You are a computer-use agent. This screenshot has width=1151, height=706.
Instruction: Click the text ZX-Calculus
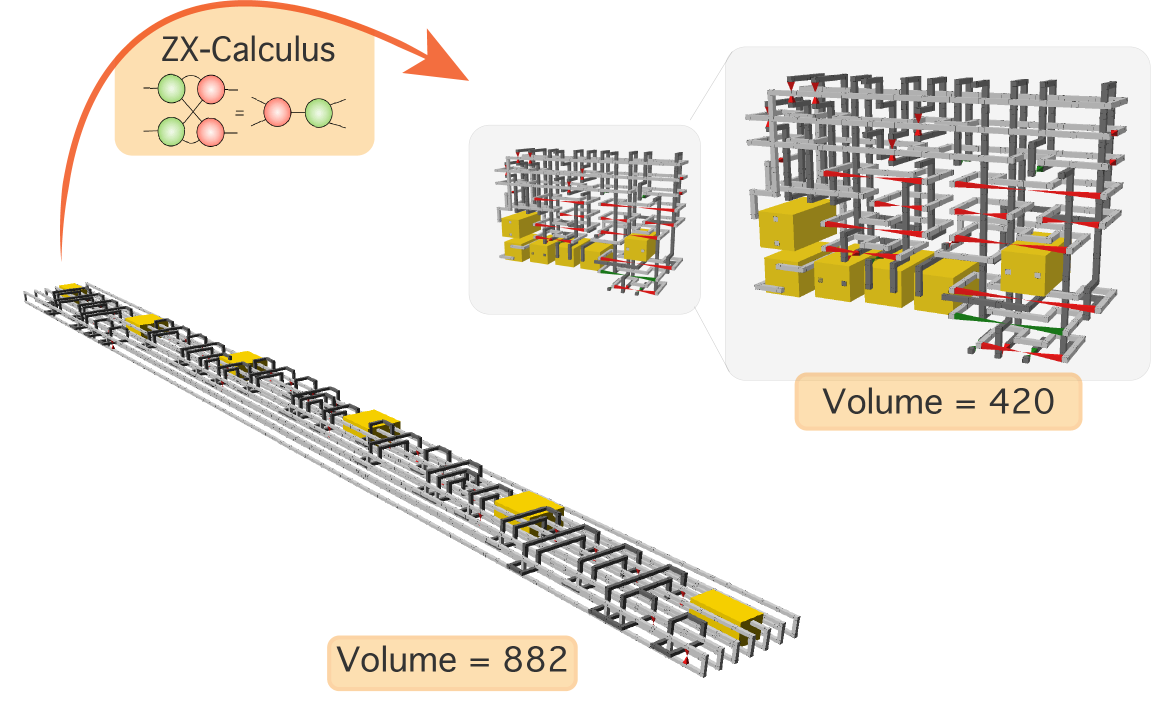point(248,50)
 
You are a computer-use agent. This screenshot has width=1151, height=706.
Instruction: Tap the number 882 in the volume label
point(535,659)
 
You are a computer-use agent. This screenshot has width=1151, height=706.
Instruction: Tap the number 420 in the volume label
point(1021,401)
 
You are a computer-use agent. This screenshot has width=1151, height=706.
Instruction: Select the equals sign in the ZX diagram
point(239,113)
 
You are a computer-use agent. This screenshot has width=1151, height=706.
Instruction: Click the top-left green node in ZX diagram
point(171,88)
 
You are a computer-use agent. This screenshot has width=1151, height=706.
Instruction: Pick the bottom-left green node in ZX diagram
point(171,131)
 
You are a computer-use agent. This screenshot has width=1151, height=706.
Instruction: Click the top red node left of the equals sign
point(211,89)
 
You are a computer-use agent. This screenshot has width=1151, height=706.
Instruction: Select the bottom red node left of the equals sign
point(210,132)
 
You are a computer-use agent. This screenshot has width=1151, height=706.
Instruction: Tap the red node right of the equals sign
point(277,112)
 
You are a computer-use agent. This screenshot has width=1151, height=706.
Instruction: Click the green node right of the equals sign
point(318,113)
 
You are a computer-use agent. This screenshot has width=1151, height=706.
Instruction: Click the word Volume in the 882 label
point(396,659)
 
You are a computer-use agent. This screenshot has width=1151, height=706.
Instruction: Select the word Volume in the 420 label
point(882,401)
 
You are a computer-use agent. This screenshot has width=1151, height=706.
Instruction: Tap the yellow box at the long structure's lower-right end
point(725,612)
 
